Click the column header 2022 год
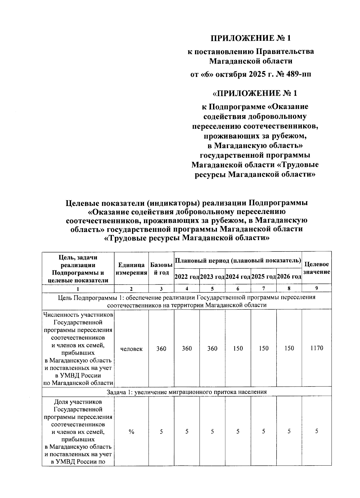coord(187,276)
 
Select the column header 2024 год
coord(238,276)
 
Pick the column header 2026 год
coord(289,276)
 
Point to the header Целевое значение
coord(316,268)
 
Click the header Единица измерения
coord(131,269)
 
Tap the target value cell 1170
coord(316,348)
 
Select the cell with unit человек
coord(131,349)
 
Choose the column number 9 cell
coord(316,288)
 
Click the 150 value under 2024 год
coord(238,348)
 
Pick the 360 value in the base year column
coord(161,348)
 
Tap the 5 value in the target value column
coord(316,431)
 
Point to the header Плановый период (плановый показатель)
coord(238,260)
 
